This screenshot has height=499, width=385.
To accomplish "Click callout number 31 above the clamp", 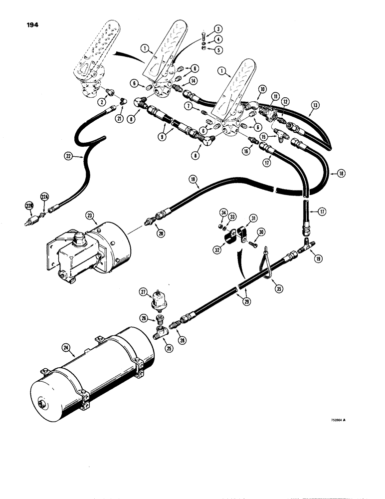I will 253,218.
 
